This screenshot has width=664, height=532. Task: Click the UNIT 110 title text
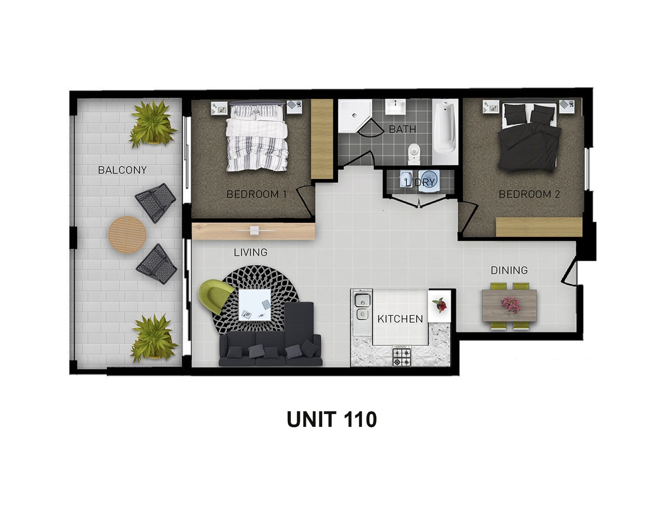coord(332,419)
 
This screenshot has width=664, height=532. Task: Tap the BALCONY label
coord(122,170)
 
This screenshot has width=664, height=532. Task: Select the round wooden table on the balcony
coord(127,235)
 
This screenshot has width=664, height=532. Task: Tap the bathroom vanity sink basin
coord(395,107)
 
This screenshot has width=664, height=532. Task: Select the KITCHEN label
coord(400,319)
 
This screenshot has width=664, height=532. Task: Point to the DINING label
coord(509,270)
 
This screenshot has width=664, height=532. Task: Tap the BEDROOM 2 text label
coord(529,194)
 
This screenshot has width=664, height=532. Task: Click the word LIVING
coord(251,252)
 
